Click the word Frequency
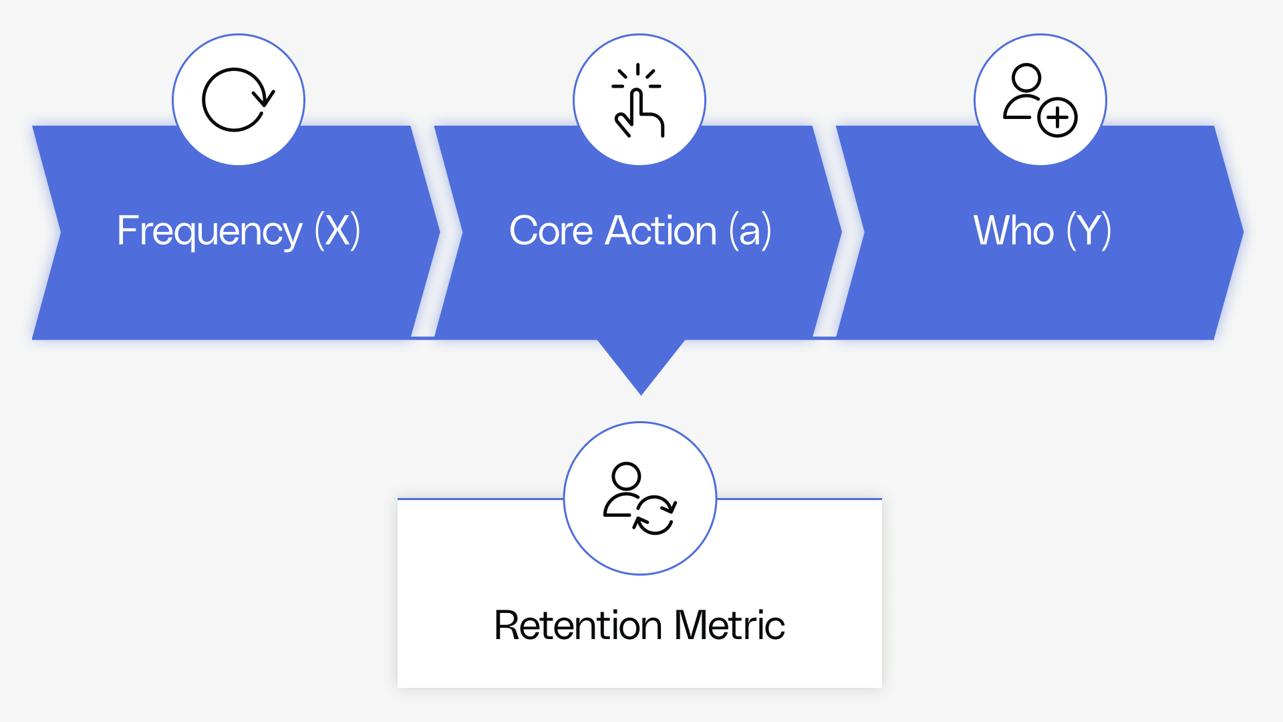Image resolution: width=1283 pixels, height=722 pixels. (x=209, y=231)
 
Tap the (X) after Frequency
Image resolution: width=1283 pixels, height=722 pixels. (x=338, y=231)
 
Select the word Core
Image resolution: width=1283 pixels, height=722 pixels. (x=551, y=231)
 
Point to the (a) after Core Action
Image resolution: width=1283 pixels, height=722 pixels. (x=750, y=231)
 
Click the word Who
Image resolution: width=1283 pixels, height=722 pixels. (x=1013, y=231)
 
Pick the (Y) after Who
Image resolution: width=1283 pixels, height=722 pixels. (x=1089, y=231)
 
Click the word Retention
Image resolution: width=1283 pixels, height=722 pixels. (x=578, y=626)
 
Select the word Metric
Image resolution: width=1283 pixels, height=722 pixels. (x=729, y=626)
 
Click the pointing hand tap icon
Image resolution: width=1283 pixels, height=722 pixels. (x=639, y=115)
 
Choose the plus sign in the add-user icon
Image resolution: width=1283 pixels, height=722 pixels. (x=1057, y=118)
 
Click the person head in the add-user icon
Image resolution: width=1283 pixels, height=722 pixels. (x=1026, y=78)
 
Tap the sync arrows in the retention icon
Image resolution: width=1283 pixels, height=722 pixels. (x=655, y=515)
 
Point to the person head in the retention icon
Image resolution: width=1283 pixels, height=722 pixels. (x=626, y=477)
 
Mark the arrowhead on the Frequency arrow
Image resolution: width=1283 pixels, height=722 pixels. (x=428, y=232)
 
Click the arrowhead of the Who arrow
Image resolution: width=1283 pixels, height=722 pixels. (x=1231, y=232)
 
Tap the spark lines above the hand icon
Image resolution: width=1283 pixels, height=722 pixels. (x=637, y=75)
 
